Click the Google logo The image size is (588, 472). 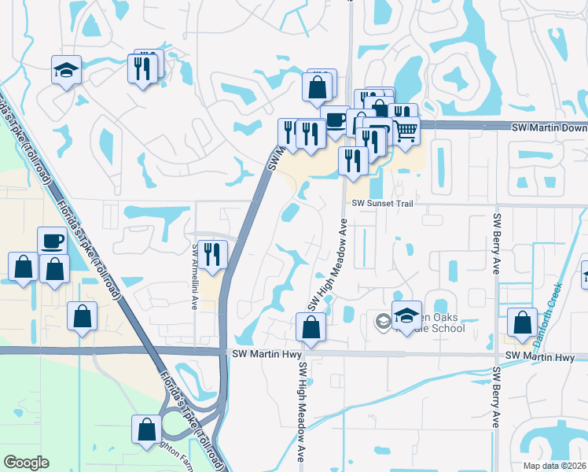26,463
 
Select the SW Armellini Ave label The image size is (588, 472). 194,275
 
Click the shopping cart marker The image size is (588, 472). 405,130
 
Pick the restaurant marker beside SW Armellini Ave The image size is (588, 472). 212,254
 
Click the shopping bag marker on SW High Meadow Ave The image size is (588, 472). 311,327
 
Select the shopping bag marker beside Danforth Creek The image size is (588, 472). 523,323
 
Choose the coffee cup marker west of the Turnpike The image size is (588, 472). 52,242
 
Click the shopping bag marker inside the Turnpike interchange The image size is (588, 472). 146,430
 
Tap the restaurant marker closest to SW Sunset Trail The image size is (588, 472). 353,161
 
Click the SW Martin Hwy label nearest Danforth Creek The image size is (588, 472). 540,357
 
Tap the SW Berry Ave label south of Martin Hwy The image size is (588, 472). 496,397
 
